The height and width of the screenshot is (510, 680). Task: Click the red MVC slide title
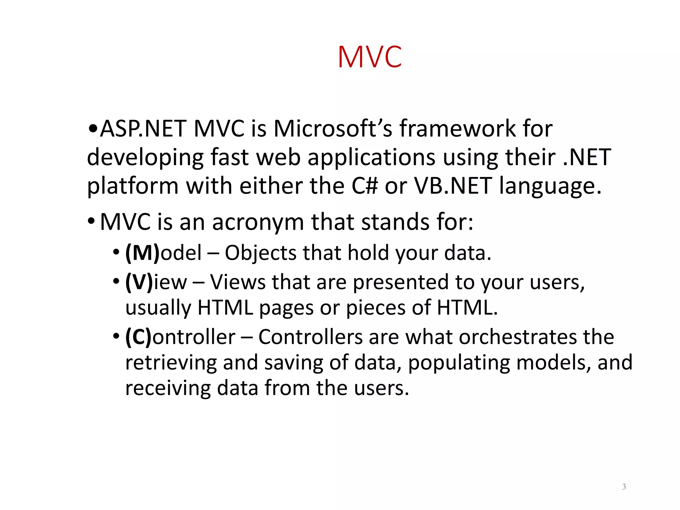(370, 57)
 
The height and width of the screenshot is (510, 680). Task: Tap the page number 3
(624, 487)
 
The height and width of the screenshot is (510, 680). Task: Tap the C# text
(364, 186)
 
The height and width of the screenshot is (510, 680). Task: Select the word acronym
(258, 222)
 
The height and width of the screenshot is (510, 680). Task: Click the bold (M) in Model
(142, 253)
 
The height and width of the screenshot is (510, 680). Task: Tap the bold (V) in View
(139, 282)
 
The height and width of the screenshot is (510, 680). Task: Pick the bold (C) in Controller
(138, 337)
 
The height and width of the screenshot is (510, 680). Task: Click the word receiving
(168, 388)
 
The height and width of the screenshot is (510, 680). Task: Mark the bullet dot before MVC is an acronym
(91, 221)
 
